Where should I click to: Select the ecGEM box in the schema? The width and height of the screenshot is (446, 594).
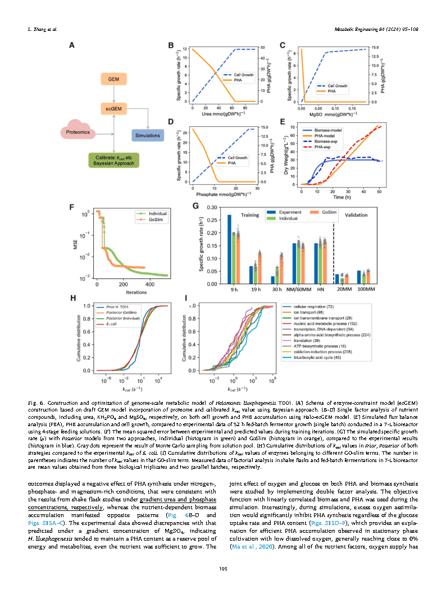pos(114,108)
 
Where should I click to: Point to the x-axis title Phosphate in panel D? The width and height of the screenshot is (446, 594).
pos(220,194)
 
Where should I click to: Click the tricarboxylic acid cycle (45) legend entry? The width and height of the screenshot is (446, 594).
pos(314,357)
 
